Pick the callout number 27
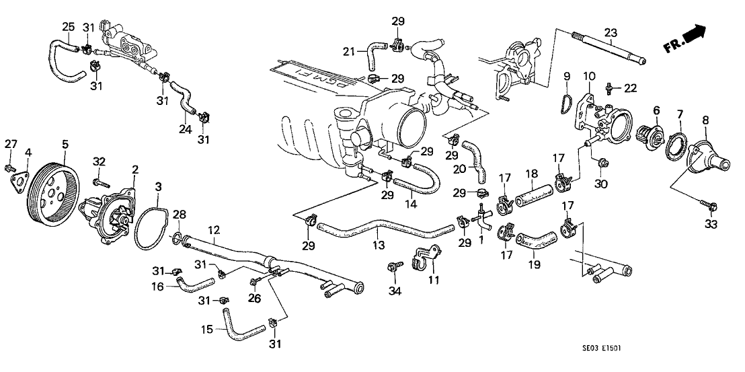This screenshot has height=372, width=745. click(x=10, y=143)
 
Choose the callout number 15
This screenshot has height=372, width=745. click(x=208, y=330)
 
